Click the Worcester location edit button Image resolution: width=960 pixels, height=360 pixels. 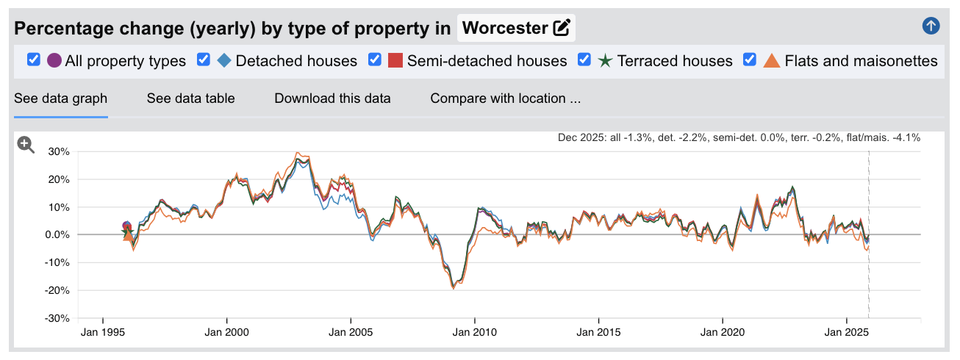point(562,29)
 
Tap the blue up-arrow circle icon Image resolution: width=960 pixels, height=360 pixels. point(931,26)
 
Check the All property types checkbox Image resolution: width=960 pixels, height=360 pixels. point(33,60)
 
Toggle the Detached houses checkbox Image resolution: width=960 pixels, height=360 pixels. point(204,60)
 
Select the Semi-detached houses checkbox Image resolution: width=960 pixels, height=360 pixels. point(375,60)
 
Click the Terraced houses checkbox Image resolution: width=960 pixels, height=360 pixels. point(585,60)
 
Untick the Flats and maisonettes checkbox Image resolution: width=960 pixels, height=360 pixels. point(751,60)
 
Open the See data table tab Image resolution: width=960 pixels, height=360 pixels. point(190,98)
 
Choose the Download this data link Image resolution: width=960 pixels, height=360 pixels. point(332,98)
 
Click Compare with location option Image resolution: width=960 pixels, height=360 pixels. point(506,98)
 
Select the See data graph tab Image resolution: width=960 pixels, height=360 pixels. point(61,98)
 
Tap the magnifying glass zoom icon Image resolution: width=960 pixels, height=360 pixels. point(26,145)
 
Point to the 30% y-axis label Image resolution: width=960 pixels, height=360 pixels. point(59,151)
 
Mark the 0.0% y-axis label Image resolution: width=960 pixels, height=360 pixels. point(57,235)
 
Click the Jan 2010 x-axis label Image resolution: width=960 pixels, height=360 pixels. point(475,332)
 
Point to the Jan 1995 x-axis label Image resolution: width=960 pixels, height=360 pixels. point(103,332)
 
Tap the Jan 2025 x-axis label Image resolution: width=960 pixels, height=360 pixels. point(847,332)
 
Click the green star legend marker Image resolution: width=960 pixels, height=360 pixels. point(605,60)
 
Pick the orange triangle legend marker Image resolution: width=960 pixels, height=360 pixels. point(772,60)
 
